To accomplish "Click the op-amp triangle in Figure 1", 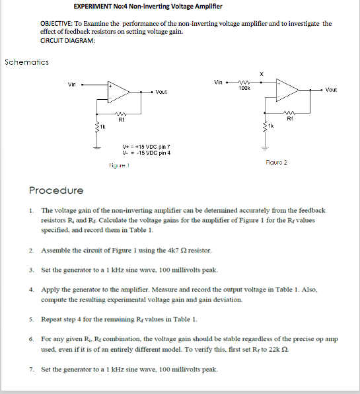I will (120, 91).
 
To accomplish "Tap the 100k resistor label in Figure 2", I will (244, 87).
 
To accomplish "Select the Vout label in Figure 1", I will (162, 92).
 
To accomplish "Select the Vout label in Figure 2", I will (331, 89).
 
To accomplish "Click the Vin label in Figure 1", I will (73, 84).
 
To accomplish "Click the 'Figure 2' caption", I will (276, 162).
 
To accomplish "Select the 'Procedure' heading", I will (56, 190).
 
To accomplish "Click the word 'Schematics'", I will (26, 62).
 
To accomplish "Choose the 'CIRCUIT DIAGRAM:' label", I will (67, 40).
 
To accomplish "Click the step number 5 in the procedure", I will (31, 319).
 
